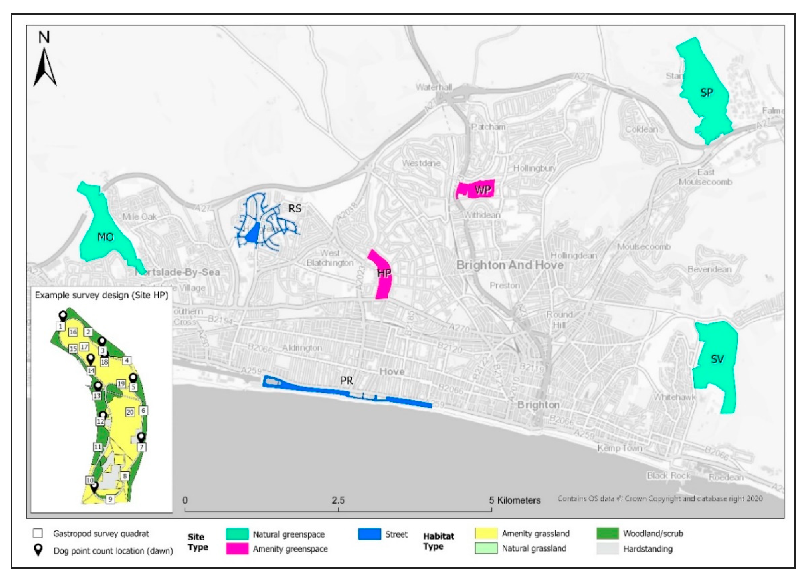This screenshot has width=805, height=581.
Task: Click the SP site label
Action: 706,93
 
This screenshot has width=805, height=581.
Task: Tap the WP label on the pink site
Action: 483,190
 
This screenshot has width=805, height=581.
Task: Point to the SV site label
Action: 717,359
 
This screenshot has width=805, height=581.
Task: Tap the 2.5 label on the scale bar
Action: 338,500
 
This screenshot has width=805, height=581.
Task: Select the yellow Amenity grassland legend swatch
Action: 486,533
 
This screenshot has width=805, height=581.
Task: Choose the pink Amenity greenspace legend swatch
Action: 237,549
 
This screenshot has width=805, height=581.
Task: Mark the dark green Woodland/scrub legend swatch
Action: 608,533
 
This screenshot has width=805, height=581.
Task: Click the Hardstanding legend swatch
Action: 608,549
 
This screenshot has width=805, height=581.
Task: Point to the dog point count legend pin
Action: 38,550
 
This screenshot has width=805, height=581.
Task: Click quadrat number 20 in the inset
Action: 130,412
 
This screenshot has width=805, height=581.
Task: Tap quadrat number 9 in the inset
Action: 110,499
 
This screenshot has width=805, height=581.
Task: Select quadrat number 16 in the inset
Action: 73,332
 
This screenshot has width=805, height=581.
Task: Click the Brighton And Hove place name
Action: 510,265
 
